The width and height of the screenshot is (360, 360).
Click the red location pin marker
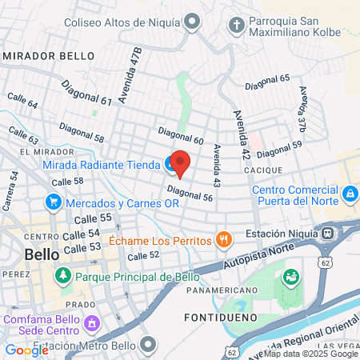pyautogui.click(x=181, y=162)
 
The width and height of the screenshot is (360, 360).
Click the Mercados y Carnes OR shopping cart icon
pyautogui.click(x=54, y=202)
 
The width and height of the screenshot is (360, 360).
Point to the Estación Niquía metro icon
pyautogui.click(x=327, y=233)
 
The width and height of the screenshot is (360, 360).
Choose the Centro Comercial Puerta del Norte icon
pyautogui.click(x=349, y=194)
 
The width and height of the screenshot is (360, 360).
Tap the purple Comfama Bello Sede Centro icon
pyautogui.click(x=91, y=324)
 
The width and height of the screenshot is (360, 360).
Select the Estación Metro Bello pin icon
pyautogui.click(x=147, y=345)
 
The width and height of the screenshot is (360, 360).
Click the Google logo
pyautogui.click(x=26, y=350)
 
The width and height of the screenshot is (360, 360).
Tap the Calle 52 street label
pyautogui.click(x=144, y=255)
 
